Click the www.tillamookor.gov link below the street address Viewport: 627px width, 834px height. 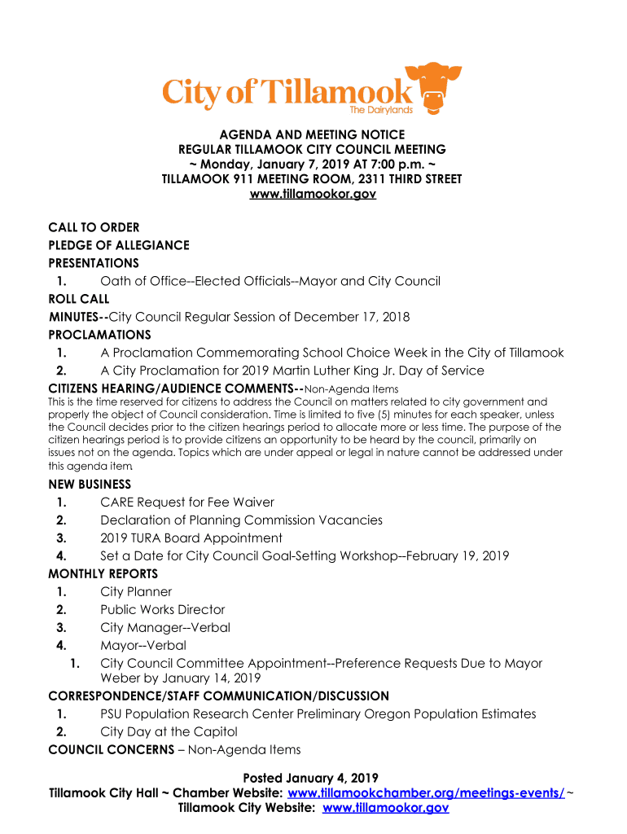click(313, 195)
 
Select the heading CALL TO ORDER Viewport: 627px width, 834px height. click(94, 227)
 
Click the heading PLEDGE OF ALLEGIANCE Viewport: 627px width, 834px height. click(119, 245)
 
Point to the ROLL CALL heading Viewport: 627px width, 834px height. click(79, 299)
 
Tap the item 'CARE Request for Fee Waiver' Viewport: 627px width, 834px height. click(187, 502)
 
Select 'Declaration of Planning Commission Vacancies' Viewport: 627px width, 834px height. click(241, 520)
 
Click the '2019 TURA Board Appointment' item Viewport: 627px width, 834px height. click(191, 538)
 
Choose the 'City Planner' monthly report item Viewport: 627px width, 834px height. click(136, 591)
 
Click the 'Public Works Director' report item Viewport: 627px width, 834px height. click(163, 609)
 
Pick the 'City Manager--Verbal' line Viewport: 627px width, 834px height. click(165, 627)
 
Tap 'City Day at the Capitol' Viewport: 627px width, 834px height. click(169, 731)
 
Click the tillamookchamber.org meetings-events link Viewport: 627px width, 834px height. click(427, 793)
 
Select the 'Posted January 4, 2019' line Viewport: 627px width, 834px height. click(313, 778)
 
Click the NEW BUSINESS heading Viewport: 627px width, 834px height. click(90, 484)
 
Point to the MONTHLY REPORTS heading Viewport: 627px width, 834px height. click(103, 573)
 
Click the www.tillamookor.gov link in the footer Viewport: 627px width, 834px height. click(386, 808)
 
